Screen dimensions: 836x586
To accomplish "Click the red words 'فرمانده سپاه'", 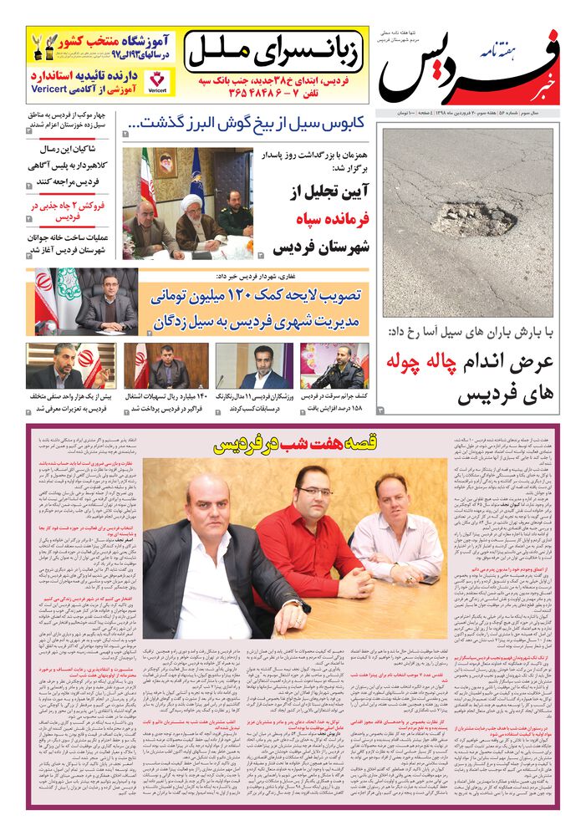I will point(323,220).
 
